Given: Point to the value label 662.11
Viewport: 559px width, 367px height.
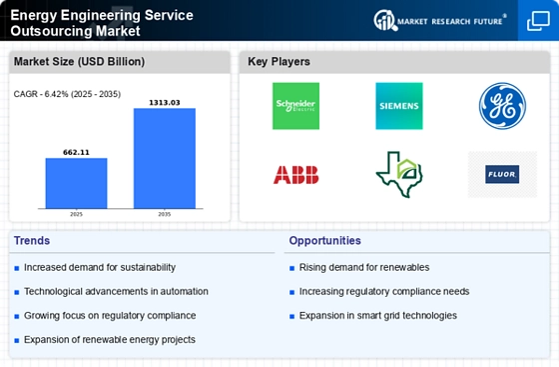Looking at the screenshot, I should (76, 151).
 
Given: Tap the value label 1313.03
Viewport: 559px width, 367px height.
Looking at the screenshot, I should (165, 101).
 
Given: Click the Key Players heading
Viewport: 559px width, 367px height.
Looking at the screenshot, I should (279, 62).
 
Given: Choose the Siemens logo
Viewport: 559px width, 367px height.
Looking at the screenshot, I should (398, 105).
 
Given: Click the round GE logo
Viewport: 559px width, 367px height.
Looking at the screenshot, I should (501, 105).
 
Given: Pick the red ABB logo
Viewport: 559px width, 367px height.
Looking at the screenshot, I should (296, 174).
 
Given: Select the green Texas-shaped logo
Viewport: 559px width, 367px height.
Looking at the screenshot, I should (398, 174).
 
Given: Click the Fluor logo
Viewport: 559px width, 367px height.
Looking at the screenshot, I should (501, 174).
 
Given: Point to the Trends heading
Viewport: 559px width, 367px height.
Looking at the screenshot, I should (33, 241).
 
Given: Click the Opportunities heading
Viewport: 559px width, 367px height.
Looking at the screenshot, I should (324, 241).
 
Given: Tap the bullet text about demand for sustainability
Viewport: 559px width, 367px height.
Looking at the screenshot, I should (100, 267).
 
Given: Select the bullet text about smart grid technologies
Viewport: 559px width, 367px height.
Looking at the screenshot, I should (377, 315).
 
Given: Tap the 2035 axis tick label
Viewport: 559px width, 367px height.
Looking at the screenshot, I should (165, 213).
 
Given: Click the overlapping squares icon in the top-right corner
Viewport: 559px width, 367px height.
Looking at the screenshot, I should (537, 22).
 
